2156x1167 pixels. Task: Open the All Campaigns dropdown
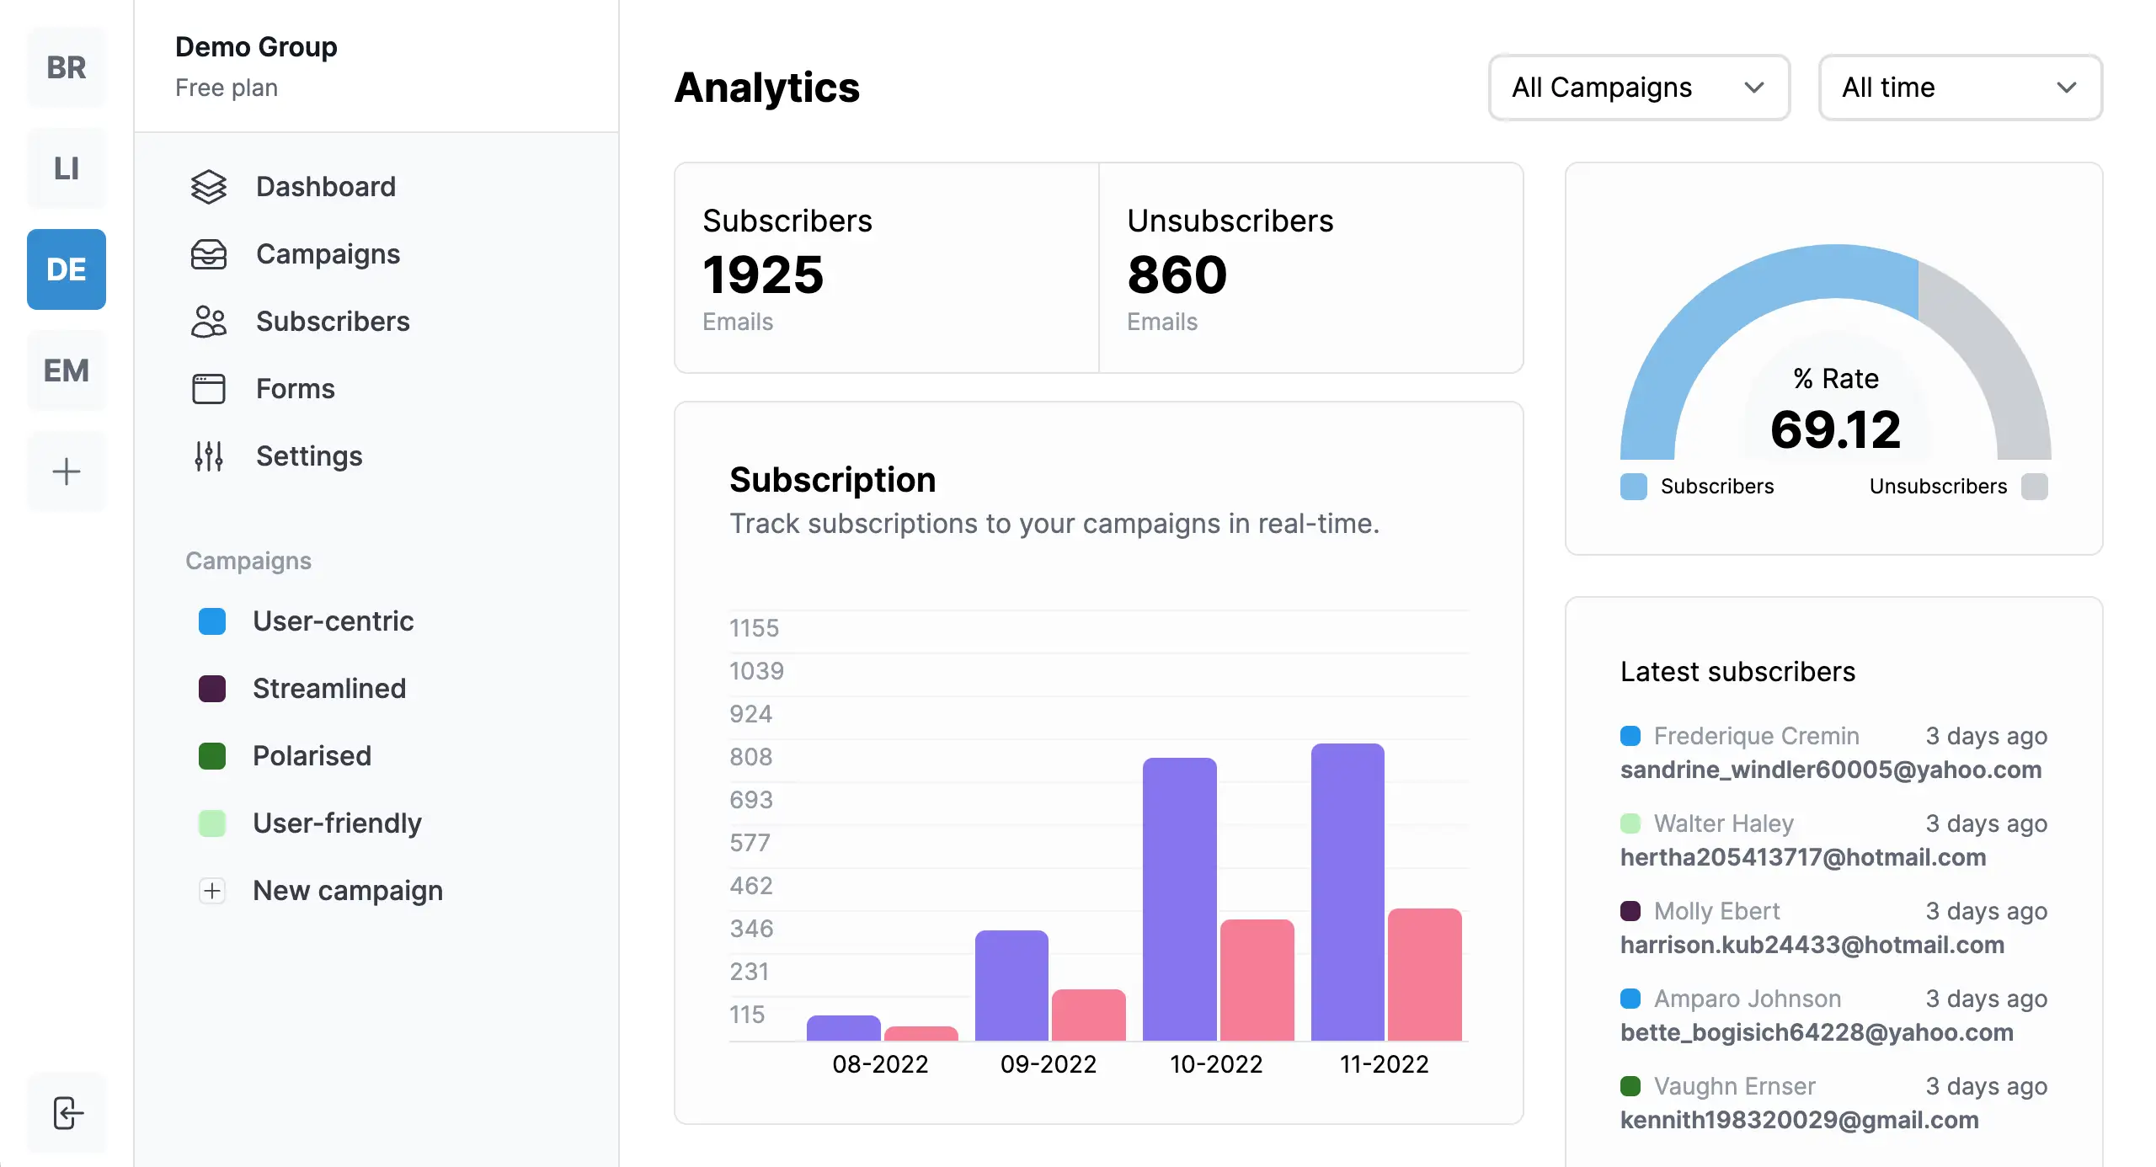pyautogui.click(x=1638, y=88)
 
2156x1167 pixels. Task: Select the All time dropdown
pyautogui.click(x=1959, y=88)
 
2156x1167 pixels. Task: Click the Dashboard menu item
pyautogui.click(x=325, y=186)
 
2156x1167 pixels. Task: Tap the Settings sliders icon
pyautogui.click(x=208, y=456)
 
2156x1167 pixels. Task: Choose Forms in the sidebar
pyautogui.click(x=295, y=388)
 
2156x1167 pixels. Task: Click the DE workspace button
pyautogui.click(x=67, y=269)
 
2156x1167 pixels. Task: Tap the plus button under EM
pyautogui.click(x=67, y=472)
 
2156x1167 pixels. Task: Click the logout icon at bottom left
pyautogui.click(x=67, y=1112)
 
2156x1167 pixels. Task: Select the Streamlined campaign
pyautogui.click(x=328, y=688)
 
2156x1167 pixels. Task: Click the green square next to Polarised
pyautogui.click(x=212, y=755)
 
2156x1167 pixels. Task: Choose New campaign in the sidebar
pyautogui.click(x=347, y=890)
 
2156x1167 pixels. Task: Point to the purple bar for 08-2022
pyautogui.click(x=843, y=1028)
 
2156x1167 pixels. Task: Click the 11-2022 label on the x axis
pyautogui.click(x=1384, y=1064)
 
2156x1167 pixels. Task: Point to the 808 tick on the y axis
pyautogui.click(x=750, y=757)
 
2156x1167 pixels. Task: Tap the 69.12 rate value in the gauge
pyautogui.click(x=1835, y=429)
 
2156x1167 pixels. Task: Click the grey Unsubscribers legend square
pyautogui.click(x=2034, y=487)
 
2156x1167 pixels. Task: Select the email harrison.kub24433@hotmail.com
pyautogui.click(x=1812, y=945)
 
